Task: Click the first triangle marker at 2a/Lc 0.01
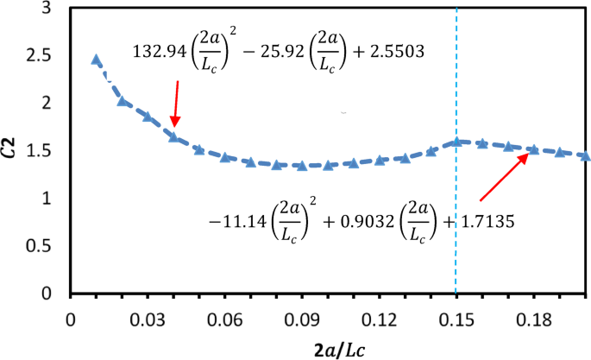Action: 96,60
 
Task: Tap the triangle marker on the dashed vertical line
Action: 456,142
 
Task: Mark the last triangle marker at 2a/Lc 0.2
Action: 585,155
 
